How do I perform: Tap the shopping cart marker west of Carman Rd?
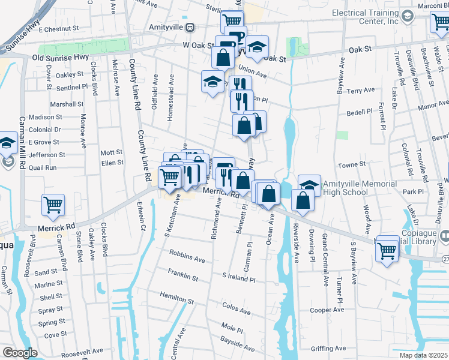(53, 205)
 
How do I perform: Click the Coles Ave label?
(236, 308)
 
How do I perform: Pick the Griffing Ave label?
(328, 348)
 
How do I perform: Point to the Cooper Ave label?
(327, 310)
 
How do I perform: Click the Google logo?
(20, 353)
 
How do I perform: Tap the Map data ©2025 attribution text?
(423, 355)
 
